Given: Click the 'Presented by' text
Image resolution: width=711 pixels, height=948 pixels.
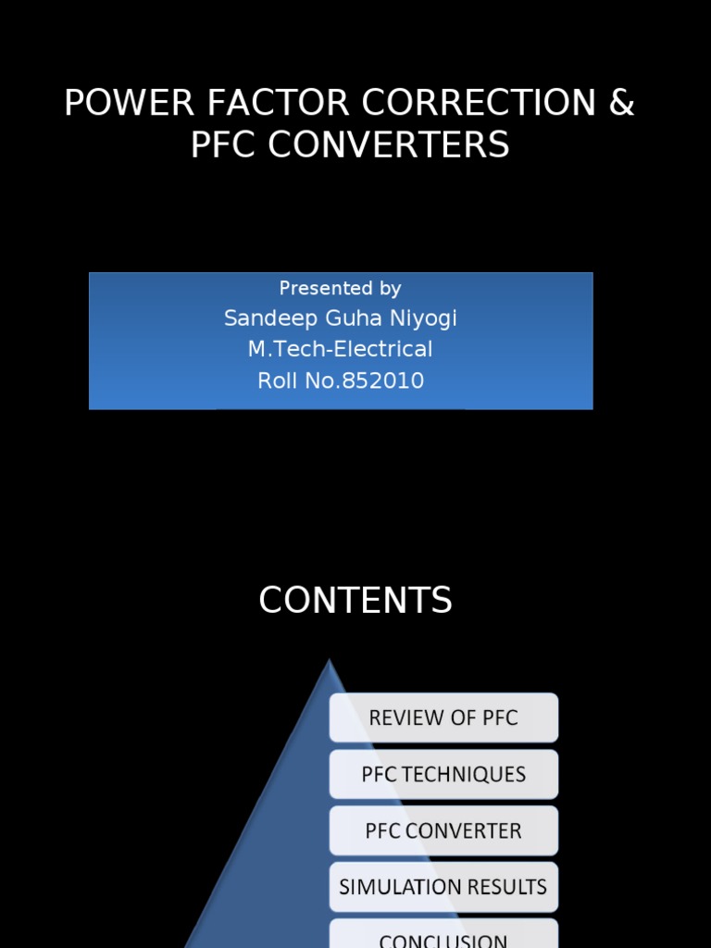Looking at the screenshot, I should (340, 288).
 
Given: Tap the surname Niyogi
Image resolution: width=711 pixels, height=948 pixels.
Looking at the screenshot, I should (426, 318).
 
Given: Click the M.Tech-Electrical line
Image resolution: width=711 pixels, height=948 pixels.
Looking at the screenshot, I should (340, 349).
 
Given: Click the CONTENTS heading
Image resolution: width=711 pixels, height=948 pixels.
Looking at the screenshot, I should (355, 601).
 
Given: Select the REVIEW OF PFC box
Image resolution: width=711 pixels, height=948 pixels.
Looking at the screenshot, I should (443, 717).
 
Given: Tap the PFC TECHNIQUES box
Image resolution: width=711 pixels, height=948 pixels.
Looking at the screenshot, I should (443, 774).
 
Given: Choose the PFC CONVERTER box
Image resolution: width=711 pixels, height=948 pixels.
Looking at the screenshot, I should (443, 830).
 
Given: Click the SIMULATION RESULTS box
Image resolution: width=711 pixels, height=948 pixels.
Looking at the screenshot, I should (443, 887).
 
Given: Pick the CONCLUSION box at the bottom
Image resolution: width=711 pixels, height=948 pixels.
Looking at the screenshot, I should (443, 937).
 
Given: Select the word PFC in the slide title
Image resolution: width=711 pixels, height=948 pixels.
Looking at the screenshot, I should (222, 145).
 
